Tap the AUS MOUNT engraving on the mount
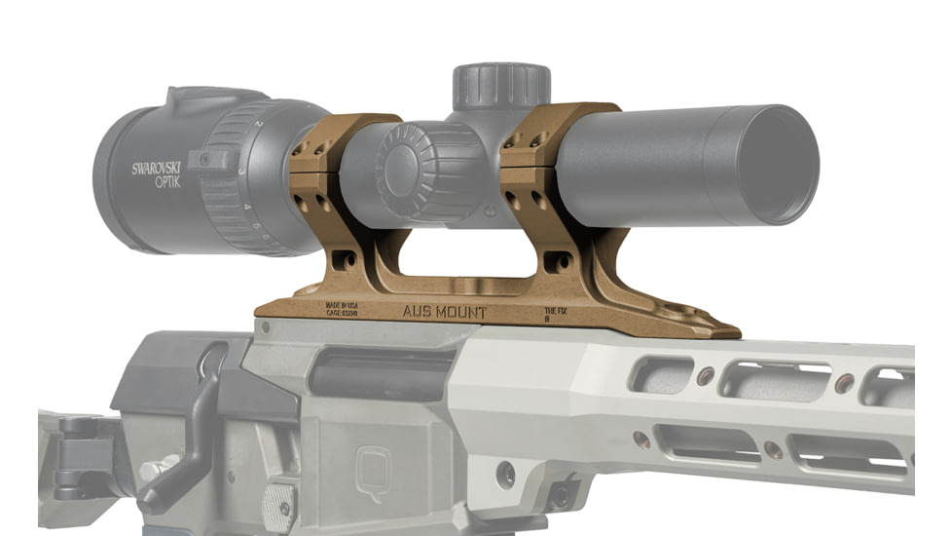[446, 313]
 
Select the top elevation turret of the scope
[501, 86]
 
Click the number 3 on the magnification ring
[242, 172]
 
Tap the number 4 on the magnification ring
[248, 207]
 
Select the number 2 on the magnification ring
[258, 125]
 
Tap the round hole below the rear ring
[345, 261]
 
